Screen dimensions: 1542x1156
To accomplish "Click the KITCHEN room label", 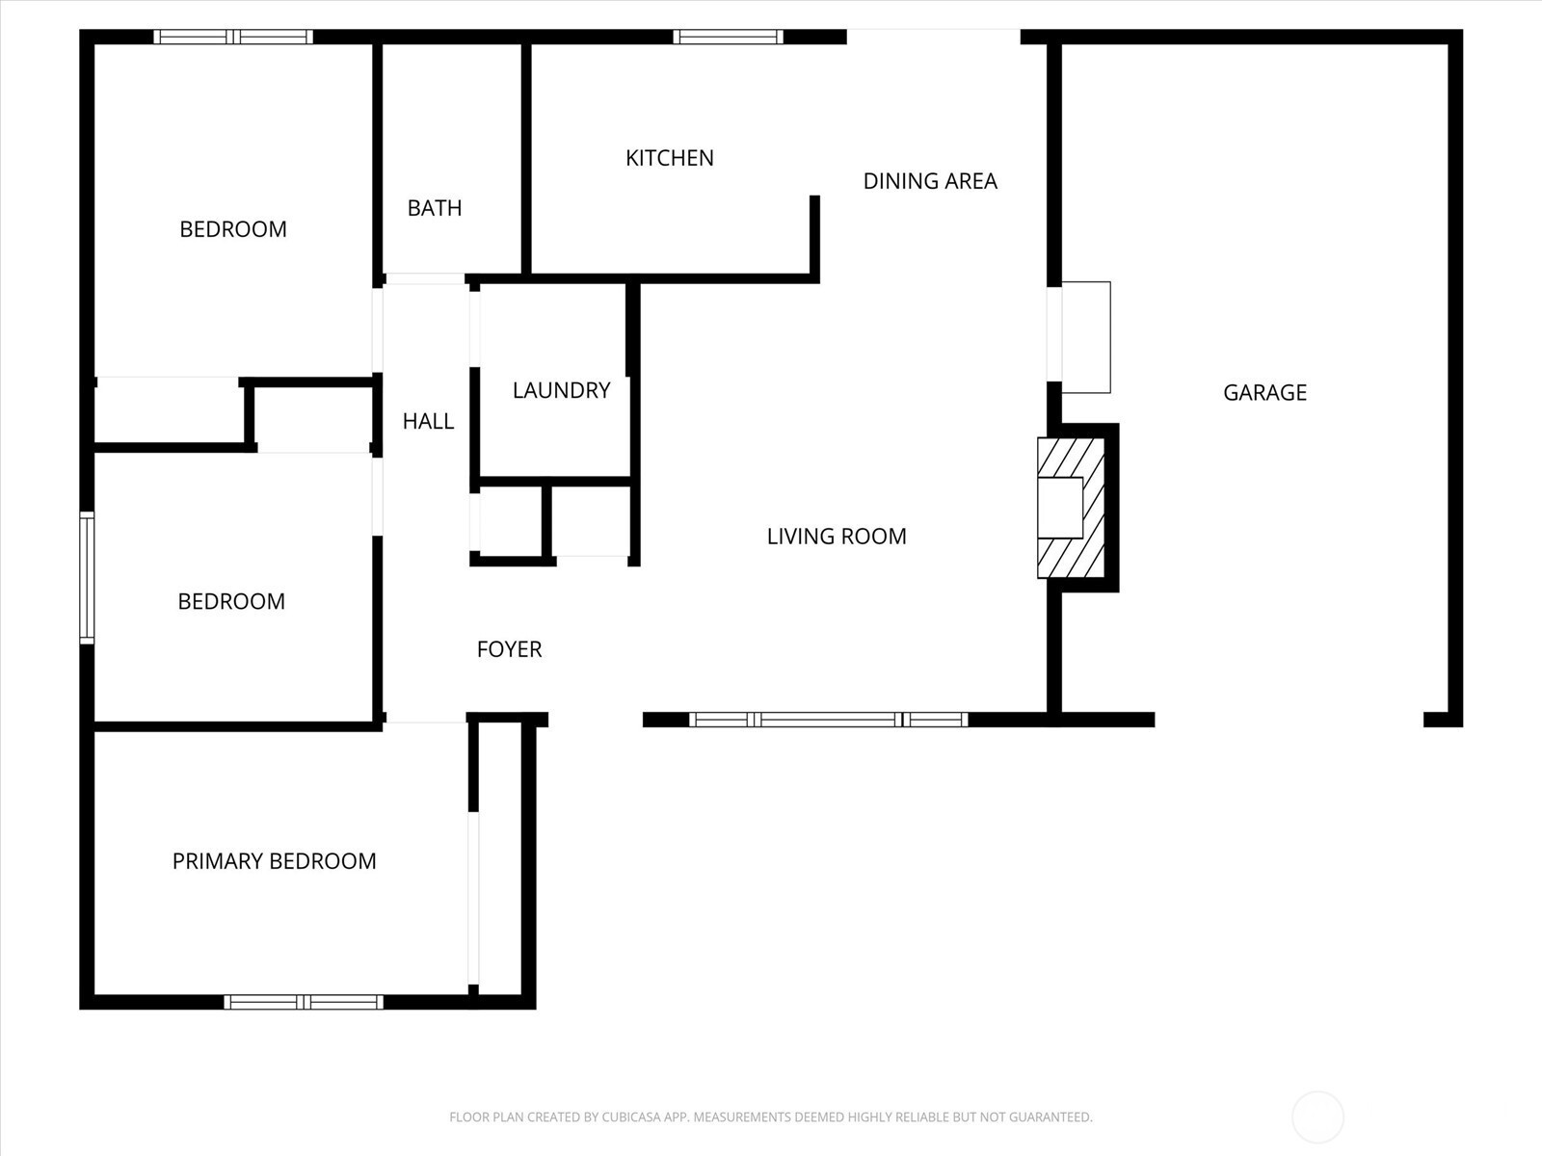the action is click(670, 158).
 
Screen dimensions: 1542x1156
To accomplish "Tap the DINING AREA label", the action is click(930, 181).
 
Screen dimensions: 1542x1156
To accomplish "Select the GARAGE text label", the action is click(1264, 392).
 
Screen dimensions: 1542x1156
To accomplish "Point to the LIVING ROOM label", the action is click(837, 537).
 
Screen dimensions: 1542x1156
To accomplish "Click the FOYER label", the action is click(509, 649).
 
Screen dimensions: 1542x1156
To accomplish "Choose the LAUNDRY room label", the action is click(561, 390).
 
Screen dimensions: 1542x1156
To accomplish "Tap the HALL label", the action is click(429, 421).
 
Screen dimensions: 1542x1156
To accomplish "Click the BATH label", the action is click(435, 208).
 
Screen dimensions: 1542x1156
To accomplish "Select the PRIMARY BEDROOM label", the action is click(274, 861).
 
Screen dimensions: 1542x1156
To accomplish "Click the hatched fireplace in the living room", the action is click(1071, 509).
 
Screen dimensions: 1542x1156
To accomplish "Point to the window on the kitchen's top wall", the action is click(729, 37).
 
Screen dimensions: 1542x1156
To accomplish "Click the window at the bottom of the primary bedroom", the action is click(304, 1002).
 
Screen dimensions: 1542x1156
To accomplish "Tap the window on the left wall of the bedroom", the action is click(87, 578).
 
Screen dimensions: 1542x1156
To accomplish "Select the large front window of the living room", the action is click(828, 720).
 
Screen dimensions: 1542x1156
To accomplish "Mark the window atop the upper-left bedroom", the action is click(233, 37).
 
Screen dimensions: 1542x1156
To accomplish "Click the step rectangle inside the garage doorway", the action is click(1085, 337).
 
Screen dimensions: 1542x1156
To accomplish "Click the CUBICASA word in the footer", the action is click(625, 1117).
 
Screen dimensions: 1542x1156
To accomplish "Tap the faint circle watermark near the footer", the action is click(1317, 1117).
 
